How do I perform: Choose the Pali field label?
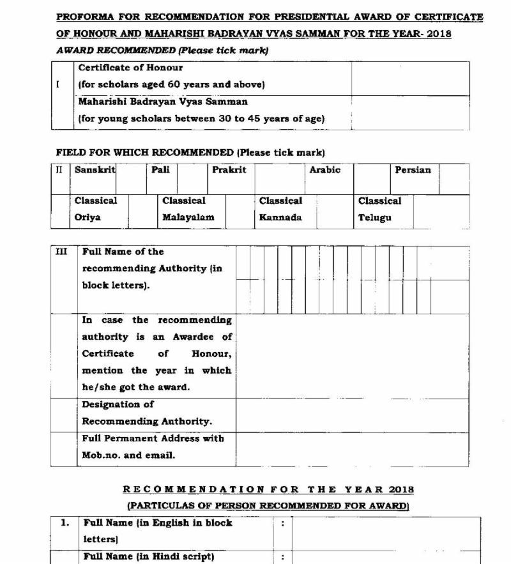160,170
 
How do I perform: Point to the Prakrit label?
229,170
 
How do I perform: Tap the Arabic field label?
324,170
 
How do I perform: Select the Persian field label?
413,170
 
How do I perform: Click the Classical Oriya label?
96,209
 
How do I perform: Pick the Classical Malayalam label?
188,209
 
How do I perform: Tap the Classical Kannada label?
280,209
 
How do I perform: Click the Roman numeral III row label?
61,252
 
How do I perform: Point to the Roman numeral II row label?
59,170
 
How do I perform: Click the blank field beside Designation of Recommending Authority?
352,415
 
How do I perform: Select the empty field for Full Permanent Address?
352,449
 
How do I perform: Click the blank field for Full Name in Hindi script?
386,557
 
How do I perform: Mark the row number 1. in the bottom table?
65,523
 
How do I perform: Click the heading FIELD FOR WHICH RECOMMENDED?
145,153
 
